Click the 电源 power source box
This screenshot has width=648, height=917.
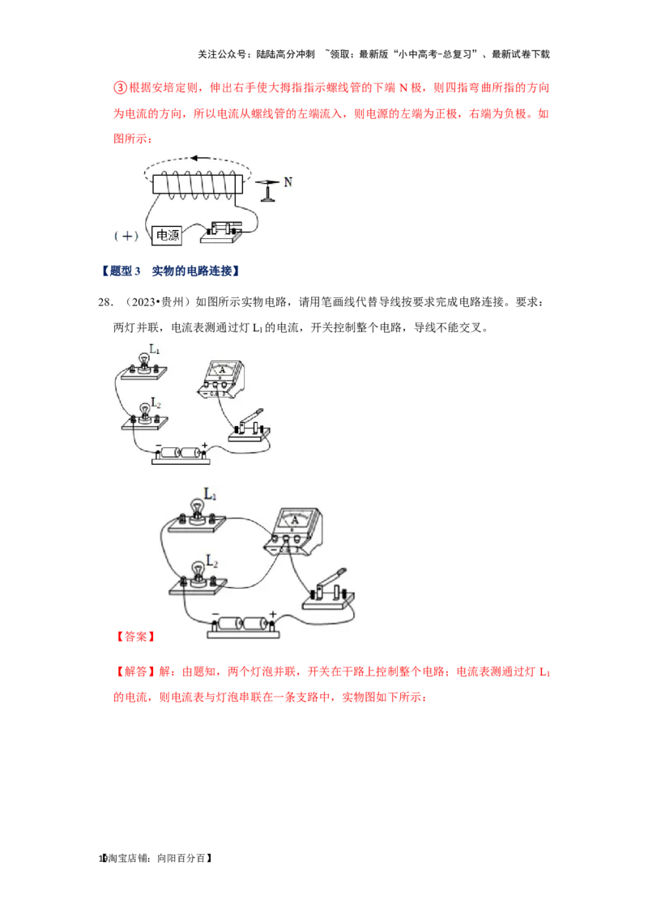coord(167,235)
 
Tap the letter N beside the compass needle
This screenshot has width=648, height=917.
coord(288,182)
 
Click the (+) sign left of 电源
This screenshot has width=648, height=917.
coord(126,236)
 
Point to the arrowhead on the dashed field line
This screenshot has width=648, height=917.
coord(194,158)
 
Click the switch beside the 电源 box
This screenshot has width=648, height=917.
coord(222,232)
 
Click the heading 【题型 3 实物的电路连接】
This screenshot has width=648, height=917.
coord(169,271)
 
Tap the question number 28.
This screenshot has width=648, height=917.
coord(104,302)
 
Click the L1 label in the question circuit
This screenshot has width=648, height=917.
coord(155,349)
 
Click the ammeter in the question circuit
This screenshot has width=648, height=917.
coord(220,380)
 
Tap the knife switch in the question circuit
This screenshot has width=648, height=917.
coord(249,427)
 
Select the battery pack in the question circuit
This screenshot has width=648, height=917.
coord(181,454)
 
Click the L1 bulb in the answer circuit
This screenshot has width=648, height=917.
coord(197,514)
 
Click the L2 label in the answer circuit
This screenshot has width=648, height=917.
coord(211,562)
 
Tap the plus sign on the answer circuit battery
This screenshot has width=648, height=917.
coord(272,614)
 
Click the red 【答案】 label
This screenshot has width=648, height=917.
coord(135,636)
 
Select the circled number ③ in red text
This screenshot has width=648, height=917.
coord(120,87)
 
